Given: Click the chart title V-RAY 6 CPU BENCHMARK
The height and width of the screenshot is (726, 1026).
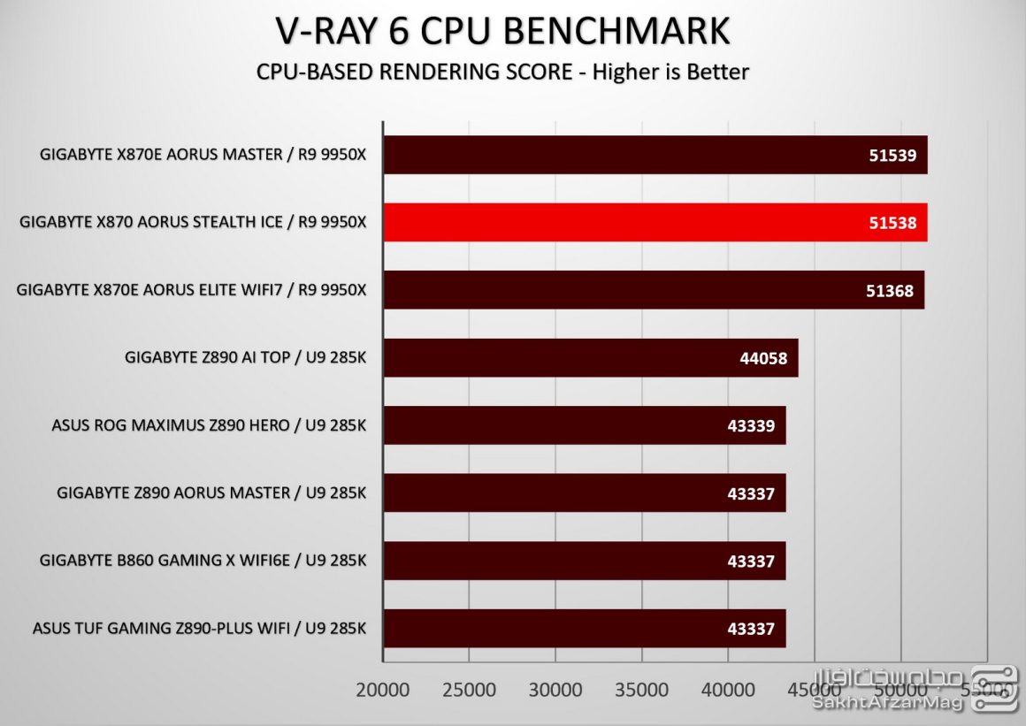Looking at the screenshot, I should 502,31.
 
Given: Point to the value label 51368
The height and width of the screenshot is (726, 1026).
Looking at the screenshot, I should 890,290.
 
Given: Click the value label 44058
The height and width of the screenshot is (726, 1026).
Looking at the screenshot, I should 762,358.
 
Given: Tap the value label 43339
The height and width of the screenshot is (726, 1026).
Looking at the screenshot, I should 750,425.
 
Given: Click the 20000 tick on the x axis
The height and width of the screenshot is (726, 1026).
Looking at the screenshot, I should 383,690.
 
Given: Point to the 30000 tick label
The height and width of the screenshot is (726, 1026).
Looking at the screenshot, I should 555,690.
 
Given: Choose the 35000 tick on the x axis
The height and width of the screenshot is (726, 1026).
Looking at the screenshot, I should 641,690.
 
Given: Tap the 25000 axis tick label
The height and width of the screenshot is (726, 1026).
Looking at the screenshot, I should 469,690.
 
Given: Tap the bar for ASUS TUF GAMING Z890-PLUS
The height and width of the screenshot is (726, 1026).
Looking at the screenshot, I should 584,628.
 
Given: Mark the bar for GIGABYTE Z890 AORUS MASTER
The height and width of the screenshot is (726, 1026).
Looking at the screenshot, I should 584,493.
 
